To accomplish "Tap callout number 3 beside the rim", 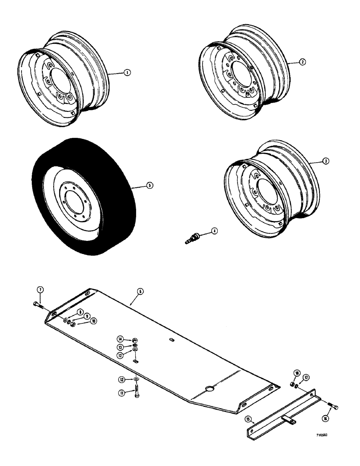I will (x=326, y=161).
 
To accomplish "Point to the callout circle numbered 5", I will (x=150, y=185).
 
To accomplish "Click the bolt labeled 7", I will (x=37, y=305).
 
